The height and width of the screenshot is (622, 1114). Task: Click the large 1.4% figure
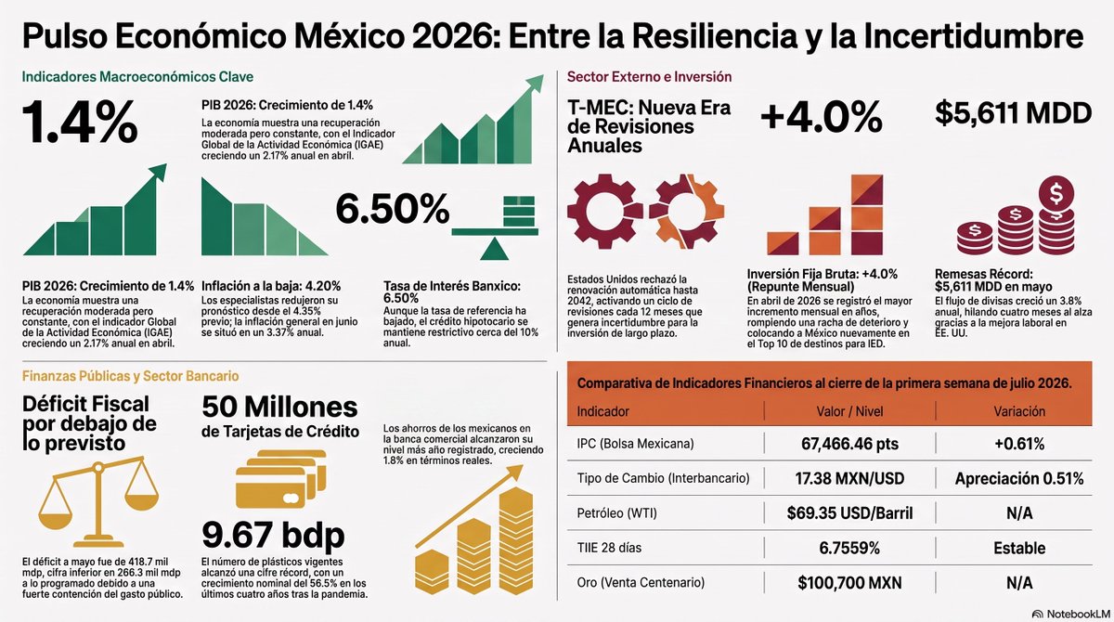click(x=80, y=122)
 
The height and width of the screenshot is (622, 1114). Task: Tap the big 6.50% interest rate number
click(x=393, y=209)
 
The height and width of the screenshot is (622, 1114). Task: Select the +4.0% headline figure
click(x=821, y=117)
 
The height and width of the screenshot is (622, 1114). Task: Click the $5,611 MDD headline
click(x=1013, y=113)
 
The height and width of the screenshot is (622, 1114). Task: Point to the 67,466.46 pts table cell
click(x=849, y=444)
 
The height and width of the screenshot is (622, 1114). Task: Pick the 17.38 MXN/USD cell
click(x=849, y=478)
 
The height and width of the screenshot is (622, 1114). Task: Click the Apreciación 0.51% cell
click(x=1019, y=478)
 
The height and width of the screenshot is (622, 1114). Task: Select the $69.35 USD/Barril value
click(x=849, y=513)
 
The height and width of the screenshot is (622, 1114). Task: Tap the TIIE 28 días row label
click(x=609, y=548)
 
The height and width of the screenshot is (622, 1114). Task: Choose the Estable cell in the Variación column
click(x=1019, y=548)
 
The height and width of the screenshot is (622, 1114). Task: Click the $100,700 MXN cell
click(x=849, y=583)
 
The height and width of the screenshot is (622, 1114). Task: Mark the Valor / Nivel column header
click(x=849, y=411)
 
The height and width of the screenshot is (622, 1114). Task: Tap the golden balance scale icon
click(x=98, y=501)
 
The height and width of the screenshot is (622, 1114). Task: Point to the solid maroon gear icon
click(x=604, y=211)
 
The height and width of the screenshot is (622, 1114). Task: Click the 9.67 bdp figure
click(x=273, y=536)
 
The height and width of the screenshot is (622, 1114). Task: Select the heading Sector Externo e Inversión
click(x=649, y=76)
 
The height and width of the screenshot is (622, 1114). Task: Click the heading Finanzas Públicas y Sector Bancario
click(x=130, y=376)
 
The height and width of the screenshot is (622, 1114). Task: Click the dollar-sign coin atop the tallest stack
click(x=1056, y=194)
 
